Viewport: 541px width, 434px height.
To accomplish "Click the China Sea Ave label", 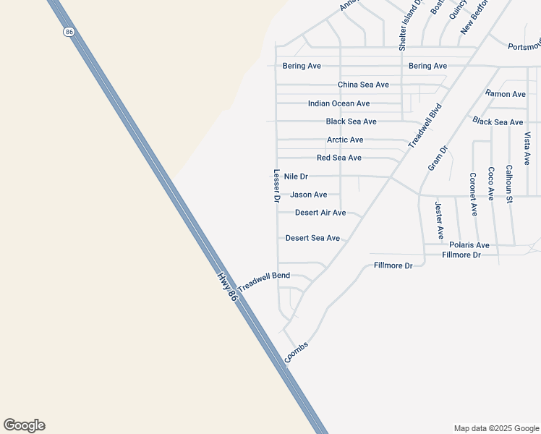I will [363, 85].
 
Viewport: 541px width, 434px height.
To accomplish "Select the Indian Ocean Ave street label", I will [338, 103].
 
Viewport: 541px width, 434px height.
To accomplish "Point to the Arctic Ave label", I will [345, 140].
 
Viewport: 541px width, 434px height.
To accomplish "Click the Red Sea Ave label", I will [338, 158].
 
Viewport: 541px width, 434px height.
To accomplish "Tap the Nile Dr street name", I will [296, 176].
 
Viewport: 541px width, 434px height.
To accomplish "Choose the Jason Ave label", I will [308, 195].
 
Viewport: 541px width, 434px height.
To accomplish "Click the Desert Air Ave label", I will [320, 213].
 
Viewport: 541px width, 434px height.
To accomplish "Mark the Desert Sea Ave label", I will [312, 238].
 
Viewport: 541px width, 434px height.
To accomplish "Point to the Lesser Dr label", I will [276, 186].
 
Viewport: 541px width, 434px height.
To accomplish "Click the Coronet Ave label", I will [473, 194].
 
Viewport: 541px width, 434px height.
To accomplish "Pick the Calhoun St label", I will [509, 184].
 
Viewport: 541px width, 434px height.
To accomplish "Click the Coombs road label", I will [297, 351].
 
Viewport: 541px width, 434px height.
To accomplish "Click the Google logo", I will [24, 425].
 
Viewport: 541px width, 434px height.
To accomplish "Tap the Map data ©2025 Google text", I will [495, 428].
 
